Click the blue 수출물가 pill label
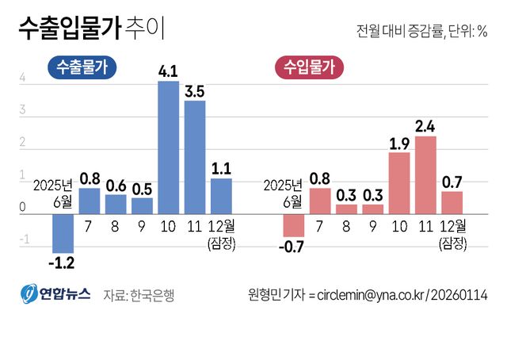[x=82, y=69]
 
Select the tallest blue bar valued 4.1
[x=168, y=147]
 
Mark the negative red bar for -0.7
[x=294, y=226]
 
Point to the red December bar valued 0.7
[x=452, y=202]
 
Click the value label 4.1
[x=168, y=72]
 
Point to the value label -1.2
[x=63, y=262]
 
